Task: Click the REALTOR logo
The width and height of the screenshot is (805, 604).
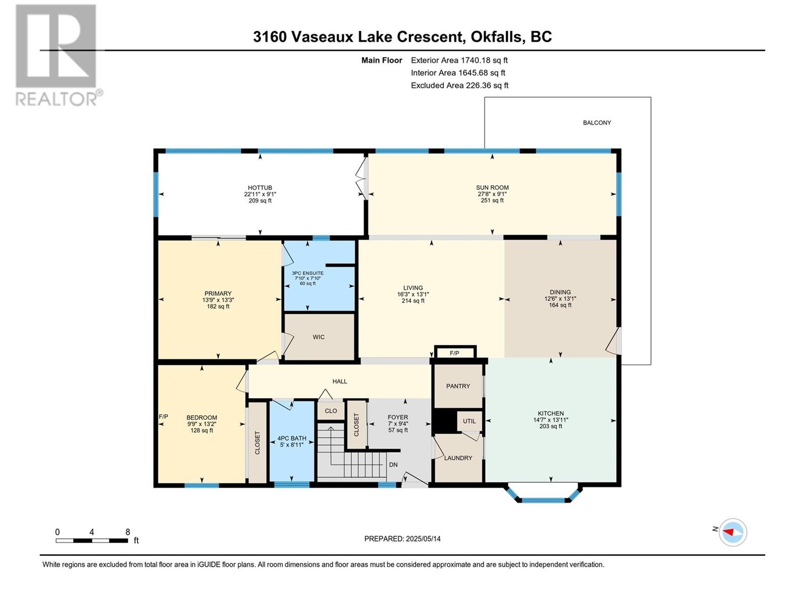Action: pyautogui.click(x=59, y=55)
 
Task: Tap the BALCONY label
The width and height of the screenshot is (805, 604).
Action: pyautogui.click(x=597, y=123)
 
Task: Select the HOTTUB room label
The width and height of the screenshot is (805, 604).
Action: pyautogui.click(x=260, y=188)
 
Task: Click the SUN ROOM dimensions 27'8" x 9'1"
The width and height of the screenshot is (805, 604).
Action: pyautogui.click(x=492, y=194)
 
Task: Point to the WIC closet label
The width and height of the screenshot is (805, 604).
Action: pyautogui.click(x=318, y=337)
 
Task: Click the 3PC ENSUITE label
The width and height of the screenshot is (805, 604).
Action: pyautogui.click(x=307, y=273)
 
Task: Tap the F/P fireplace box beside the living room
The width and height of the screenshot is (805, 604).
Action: pyautogui.click(x=455, y=352)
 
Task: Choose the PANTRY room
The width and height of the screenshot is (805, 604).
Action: pyautogui.click(x=458, y=386)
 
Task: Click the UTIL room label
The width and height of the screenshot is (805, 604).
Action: pyautogui.click(x=469, y=421)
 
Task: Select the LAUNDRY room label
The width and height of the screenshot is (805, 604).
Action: pyautogui.click(x=458, y=458)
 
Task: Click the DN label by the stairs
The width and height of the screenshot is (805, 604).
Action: pyautogui.click(x=393, y=465)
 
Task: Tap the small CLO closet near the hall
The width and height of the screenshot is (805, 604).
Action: pyautogui.click(x=331, y=411)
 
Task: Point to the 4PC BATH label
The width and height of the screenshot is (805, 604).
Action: pyautogui.click(x=291, y=438)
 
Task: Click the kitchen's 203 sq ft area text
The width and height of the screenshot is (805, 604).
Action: pyautogui.click(x=550, y=426)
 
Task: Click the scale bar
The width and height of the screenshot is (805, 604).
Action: pyautogui.click(x=92, y=541)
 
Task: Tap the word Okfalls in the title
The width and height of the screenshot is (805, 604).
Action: pyautogui.click(x=497, y=37)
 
